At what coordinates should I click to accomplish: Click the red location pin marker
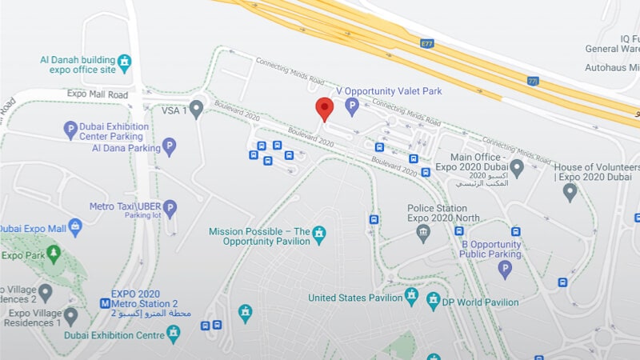[x=324, y=109]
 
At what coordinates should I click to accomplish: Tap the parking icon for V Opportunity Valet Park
[x=351, y=105]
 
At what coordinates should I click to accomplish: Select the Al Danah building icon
[x=124, y=61]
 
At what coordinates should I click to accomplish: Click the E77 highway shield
[x=428, y=45]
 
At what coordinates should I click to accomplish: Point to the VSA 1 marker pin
[x=196, y=107]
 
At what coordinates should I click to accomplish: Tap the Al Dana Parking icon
[x=169, y=146]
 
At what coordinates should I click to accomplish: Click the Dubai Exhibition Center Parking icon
[x=70, y=128]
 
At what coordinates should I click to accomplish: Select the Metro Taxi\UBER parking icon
[x=170, y=207]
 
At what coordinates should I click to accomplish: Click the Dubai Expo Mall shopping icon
[x=75, y=227]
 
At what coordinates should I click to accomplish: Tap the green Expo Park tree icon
[x=54, y=254]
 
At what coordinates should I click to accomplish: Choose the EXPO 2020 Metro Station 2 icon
[x=105, y=303]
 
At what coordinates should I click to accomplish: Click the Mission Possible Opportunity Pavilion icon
[x=320, y=233]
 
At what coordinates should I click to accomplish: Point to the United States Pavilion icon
[x=411, y=297]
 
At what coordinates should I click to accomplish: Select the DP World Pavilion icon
[x=434, y=301]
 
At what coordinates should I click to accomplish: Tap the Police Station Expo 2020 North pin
[x=423, y=233]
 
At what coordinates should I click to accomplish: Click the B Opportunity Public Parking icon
[x=505, y=269]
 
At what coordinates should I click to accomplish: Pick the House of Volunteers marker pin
[x=570, y=191]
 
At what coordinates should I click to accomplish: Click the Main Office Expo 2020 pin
[x=517, y=167]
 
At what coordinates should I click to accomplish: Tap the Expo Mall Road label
[x=98, y=95]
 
